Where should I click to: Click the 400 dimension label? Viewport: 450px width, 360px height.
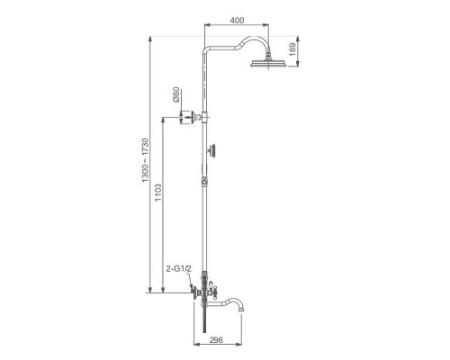click(237, 21)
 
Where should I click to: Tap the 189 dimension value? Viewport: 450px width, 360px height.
click(292, 49)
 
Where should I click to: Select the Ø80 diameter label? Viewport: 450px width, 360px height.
click(176, 94)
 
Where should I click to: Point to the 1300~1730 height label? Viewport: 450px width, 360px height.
click(145, 160)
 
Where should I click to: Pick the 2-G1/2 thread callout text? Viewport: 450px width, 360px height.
click(178, 269)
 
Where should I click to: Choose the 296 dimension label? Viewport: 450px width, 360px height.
click(216, 339)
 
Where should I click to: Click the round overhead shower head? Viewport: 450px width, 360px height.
click(269, 63)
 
